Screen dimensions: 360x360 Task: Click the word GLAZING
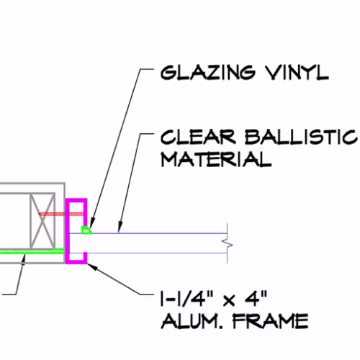pos(207,73)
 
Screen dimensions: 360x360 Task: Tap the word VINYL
pos(297,73)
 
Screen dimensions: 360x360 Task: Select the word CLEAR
pos(198,138)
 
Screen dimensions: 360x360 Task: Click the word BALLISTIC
pos(301,138)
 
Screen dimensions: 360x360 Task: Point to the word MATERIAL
pos(216,159)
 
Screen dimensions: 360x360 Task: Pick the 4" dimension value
pos(256,299)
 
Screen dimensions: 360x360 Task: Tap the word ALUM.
pos(192,321)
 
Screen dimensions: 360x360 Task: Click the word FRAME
pos(271,321)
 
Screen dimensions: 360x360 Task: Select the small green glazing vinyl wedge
pos(86,230)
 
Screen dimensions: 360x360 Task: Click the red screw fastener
pos(61,214)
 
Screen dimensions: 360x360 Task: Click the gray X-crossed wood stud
pos(42,221)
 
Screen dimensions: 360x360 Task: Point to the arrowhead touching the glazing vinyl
pos(91,223)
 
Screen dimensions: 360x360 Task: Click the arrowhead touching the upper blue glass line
pos(120,228)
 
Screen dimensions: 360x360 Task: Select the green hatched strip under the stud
pos(32,251)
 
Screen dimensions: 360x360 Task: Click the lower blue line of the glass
pos(157,253)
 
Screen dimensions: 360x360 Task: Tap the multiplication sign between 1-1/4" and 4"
pos(229,301)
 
